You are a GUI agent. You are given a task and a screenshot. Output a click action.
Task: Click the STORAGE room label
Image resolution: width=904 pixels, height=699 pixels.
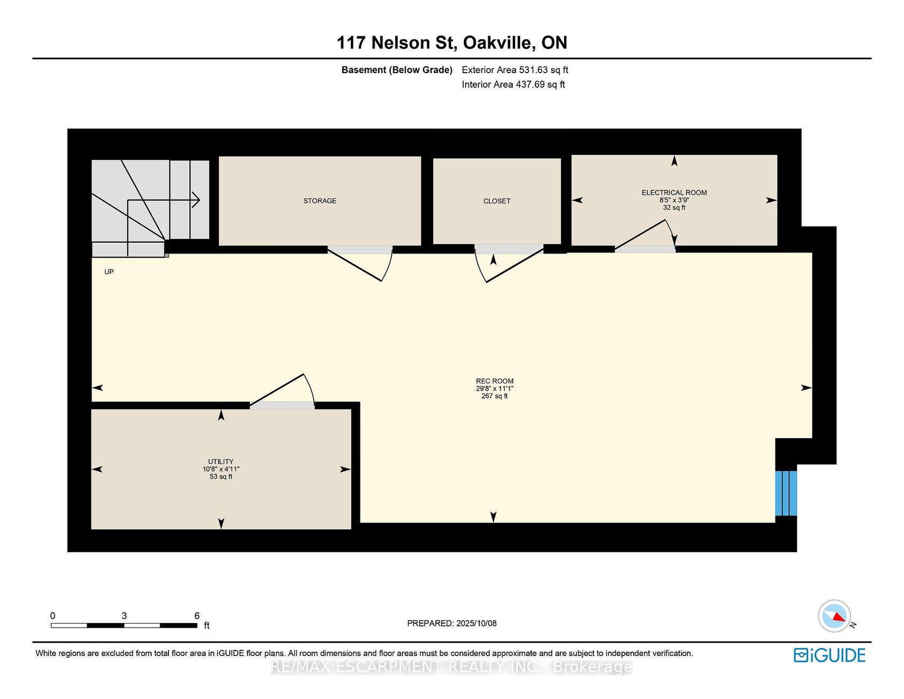(x=320, y=201)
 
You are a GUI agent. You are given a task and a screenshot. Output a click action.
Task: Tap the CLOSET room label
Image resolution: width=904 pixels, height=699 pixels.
(x=497, y=201)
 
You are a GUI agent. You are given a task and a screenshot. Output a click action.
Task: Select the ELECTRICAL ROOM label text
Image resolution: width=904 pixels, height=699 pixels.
(x=674, y=193)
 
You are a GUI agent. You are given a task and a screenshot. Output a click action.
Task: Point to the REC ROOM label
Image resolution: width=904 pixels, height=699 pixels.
(x=495, y=381)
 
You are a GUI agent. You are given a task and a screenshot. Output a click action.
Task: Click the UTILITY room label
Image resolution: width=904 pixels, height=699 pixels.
(x=221, y=462)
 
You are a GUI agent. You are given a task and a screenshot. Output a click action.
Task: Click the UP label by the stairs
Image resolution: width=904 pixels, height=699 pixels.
(x=109, y=272)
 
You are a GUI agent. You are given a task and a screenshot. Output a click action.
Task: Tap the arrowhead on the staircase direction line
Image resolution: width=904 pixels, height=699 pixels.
(x=197, y=200)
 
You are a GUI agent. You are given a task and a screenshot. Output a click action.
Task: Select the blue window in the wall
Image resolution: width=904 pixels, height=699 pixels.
(x=786, y=493)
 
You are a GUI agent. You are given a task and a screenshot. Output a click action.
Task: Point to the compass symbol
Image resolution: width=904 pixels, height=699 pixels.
(x=835, y=616)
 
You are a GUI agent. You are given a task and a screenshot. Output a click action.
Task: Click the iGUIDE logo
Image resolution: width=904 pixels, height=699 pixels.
(x=829, y=655)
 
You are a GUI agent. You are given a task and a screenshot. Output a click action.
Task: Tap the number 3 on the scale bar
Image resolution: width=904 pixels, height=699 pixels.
(x=124, y=616)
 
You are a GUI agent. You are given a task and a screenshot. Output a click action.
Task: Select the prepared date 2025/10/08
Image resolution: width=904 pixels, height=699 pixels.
(x=476, y=623)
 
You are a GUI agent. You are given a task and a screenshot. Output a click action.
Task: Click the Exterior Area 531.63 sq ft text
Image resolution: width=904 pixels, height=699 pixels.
(x=515, y=70)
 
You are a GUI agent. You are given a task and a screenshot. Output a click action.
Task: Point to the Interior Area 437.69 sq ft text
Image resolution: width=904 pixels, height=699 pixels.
(x=513, y=84)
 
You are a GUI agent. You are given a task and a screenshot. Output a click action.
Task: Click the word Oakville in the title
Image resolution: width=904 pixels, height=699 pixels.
(x=499, y=43)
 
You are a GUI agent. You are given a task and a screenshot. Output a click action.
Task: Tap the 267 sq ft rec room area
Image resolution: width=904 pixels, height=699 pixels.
(x=495, y=396)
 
